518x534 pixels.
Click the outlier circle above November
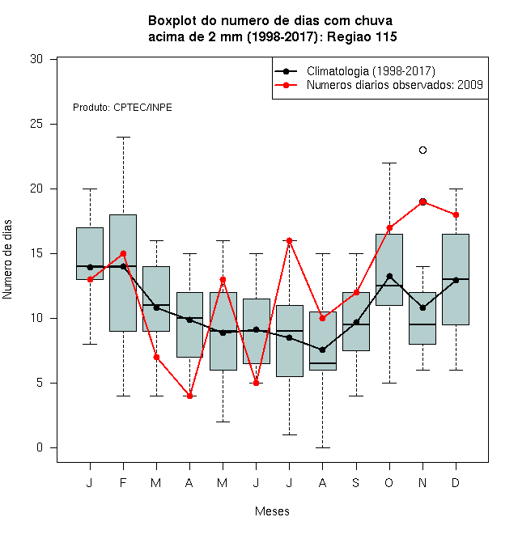[422, 150]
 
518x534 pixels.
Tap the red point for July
[289, 241]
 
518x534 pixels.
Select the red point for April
[190, 396]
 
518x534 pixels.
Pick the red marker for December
[456, 215]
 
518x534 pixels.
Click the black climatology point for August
[322, 350]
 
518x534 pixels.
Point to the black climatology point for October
[389, 276]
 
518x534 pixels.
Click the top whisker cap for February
[123, 138]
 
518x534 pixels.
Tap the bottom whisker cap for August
[322, 447]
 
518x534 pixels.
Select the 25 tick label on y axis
[36, 124]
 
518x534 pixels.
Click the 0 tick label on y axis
[40, 447]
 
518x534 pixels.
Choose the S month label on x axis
[356, 482]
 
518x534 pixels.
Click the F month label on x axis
[123, 482]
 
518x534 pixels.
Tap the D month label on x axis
[456, 482]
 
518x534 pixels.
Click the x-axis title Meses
[272, 511]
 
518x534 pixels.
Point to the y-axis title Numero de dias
[7, 260]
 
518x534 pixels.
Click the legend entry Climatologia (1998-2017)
[371, 71]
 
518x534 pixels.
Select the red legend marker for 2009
[286, 85]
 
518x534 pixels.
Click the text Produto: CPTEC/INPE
[122, 108]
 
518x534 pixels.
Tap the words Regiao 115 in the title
[362, 36]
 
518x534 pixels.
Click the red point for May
[223, 280]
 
